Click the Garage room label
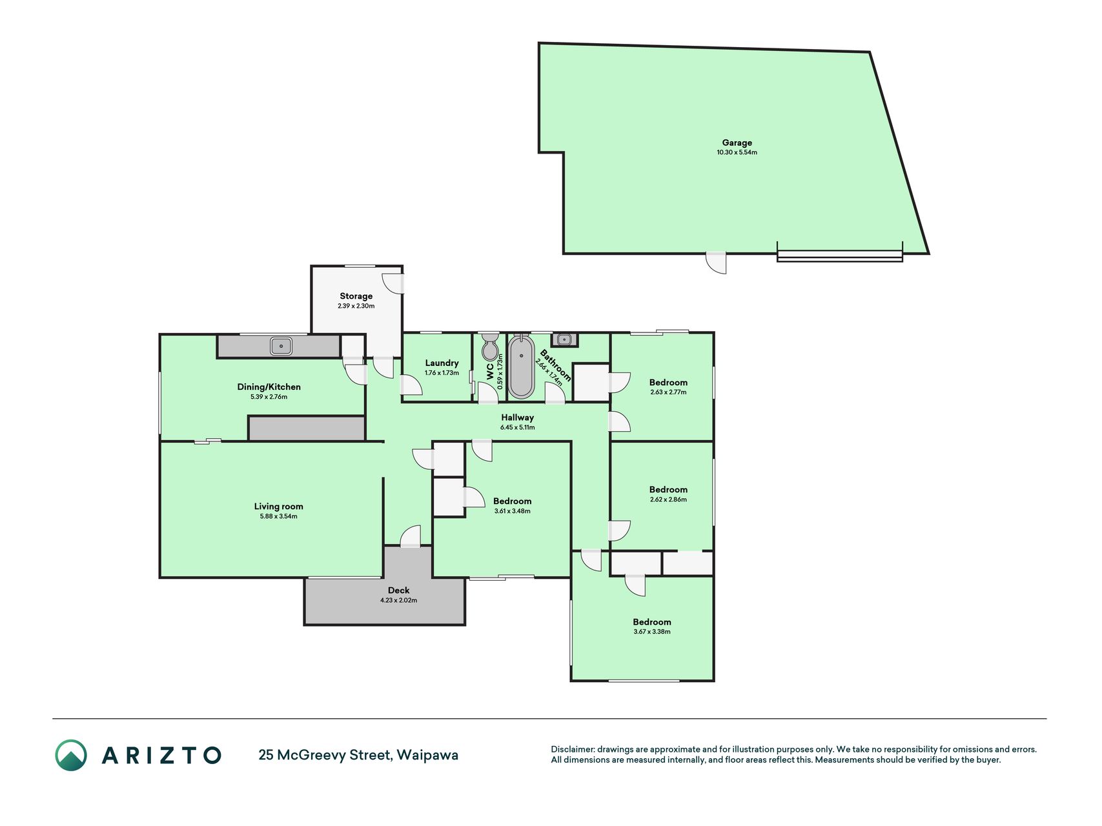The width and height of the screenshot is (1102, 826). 737,143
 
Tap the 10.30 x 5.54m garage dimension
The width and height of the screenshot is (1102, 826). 737,153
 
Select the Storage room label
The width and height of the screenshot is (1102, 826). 356,296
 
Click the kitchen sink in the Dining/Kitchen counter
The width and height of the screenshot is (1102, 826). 281,347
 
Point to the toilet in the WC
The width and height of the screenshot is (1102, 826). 490,347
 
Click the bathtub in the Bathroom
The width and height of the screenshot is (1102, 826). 521,367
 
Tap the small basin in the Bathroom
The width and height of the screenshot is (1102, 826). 564,339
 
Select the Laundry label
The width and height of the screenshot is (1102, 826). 442,363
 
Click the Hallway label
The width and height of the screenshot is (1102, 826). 517,418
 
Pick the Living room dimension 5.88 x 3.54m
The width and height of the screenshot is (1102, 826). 278,516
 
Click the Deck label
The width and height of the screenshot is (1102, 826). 398,590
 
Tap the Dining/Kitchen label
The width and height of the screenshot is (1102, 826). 269,387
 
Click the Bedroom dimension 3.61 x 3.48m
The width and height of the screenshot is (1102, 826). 512,511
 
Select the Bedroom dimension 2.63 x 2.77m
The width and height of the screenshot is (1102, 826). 668,392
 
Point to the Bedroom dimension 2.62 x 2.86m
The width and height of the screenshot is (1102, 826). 668,499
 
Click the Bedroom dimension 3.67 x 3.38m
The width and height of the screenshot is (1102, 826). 652,632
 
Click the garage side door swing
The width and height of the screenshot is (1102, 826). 716,263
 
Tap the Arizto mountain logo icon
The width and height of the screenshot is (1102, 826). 71,755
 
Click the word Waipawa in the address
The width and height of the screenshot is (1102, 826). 427,755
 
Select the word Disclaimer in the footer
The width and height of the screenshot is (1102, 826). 572,749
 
